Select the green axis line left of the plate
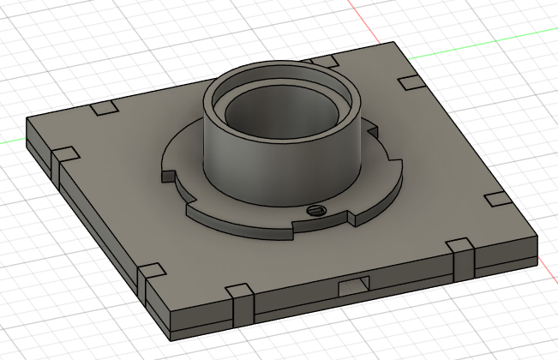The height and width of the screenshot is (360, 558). (12, 141)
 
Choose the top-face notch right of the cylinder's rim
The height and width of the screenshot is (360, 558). (411, 82)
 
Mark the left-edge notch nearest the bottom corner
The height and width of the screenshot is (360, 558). (151, 273)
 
